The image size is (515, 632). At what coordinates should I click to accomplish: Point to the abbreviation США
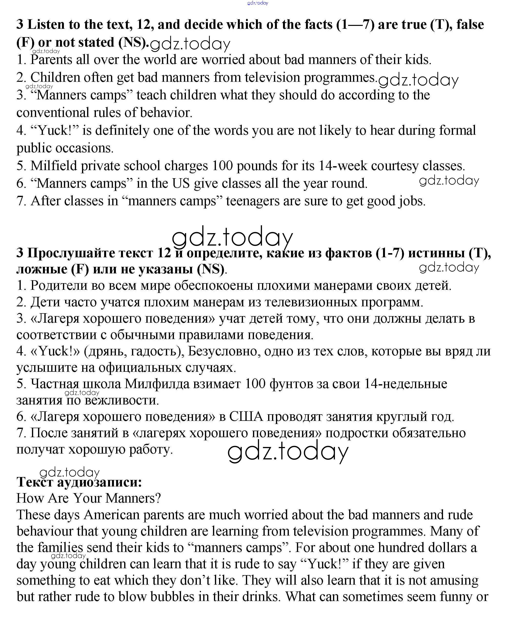click(x=246, y=416)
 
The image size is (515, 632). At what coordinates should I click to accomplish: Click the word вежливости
click(x=122, y=400)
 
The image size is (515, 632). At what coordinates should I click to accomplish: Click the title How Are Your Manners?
click(x=88, y=498)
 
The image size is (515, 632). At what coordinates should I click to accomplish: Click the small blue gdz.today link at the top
click(x=258, y=3)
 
